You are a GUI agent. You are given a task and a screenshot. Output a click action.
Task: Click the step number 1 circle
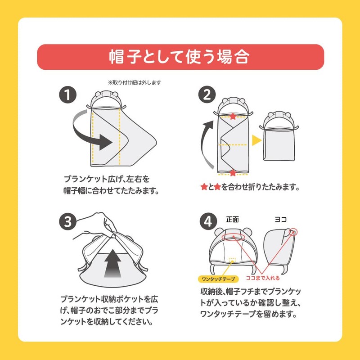click(x=68, y=94)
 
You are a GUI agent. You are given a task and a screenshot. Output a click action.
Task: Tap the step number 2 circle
click(x=207, y=94)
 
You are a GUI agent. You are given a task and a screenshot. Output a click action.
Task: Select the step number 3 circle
click(x=68, y=222)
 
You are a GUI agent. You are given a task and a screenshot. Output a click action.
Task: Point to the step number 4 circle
click(x=208, y=222)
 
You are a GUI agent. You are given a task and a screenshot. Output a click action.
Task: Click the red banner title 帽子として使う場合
click(x=180, y=57)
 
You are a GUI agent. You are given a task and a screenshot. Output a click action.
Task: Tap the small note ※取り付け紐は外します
click(x=135, y=82)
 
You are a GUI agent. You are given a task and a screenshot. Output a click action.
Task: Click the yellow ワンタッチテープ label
click(x=218, y=279)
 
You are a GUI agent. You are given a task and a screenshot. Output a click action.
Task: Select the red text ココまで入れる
click(x=263, y=278)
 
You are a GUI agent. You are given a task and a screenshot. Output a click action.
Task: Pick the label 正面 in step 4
click(x=232, y=220)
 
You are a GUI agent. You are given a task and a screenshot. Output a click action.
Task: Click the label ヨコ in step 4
click(x=280, y=220)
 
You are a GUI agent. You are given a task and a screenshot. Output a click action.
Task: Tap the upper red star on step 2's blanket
click(x=233, y=117)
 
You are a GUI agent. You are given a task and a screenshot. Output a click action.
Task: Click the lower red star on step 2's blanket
click(x=233, y=173)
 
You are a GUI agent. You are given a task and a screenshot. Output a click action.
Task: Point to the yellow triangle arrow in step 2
click(x=256, y=140)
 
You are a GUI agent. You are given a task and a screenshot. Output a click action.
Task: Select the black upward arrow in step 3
click(x=112, y=263)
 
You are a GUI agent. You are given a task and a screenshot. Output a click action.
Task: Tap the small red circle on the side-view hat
click(x=293, y=232)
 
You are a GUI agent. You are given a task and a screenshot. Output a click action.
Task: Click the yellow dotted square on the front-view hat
click(x=232, y=260)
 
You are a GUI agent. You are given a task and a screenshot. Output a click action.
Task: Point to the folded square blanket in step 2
click(x=279, y=144)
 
